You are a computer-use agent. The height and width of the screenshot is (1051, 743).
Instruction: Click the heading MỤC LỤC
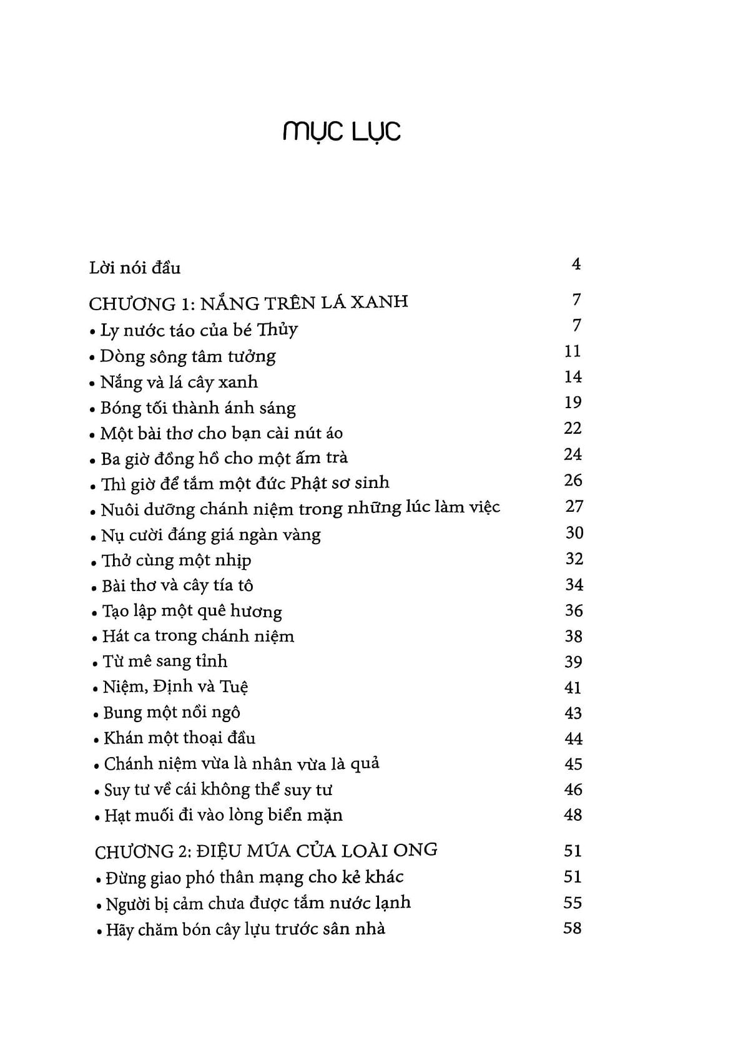click(341, 131)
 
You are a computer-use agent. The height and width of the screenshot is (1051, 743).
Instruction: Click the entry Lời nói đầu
click(135, 268)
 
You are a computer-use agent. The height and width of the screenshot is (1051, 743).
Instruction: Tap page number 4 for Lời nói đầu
click(576, 264)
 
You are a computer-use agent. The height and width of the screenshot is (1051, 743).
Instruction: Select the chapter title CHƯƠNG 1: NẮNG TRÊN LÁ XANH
click(248, 303)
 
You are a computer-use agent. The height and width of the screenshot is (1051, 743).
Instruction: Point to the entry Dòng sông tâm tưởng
click(187, 356)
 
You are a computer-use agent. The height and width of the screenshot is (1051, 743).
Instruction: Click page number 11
click(572, 351)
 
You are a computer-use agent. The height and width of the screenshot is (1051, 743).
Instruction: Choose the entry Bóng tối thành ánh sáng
click(198, 408)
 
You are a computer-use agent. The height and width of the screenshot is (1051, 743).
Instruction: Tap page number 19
click(573, 403)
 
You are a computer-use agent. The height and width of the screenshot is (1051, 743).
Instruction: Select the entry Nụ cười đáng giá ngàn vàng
click(210, 535)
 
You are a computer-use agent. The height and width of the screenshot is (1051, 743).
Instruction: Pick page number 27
click(573, 506)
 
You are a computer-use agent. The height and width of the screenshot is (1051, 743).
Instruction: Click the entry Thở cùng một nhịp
click(177, 560)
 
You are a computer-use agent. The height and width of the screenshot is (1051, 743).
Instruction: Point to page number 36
click(573, 610)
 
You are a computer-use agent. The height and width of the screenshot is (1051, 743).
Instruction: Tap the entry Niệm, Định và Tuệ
click(176, 687)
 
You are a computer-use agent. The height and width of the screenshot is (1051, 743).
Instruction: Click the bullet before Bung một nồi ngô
click(97, 715)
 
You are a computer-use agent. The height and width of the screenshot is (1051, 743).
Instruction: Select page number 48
click(573, 814)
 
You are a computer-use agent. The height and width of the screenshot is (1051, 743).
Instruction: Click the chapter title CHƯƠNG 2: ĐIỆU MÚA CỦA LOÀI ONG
click(266, 851)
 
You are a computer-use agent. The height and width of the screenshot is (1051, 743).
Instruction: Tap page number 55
click(572, 902)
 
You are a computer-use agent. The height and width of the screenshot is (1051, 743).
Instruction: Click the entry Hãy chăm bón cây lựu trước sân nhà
click(245, 929)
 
